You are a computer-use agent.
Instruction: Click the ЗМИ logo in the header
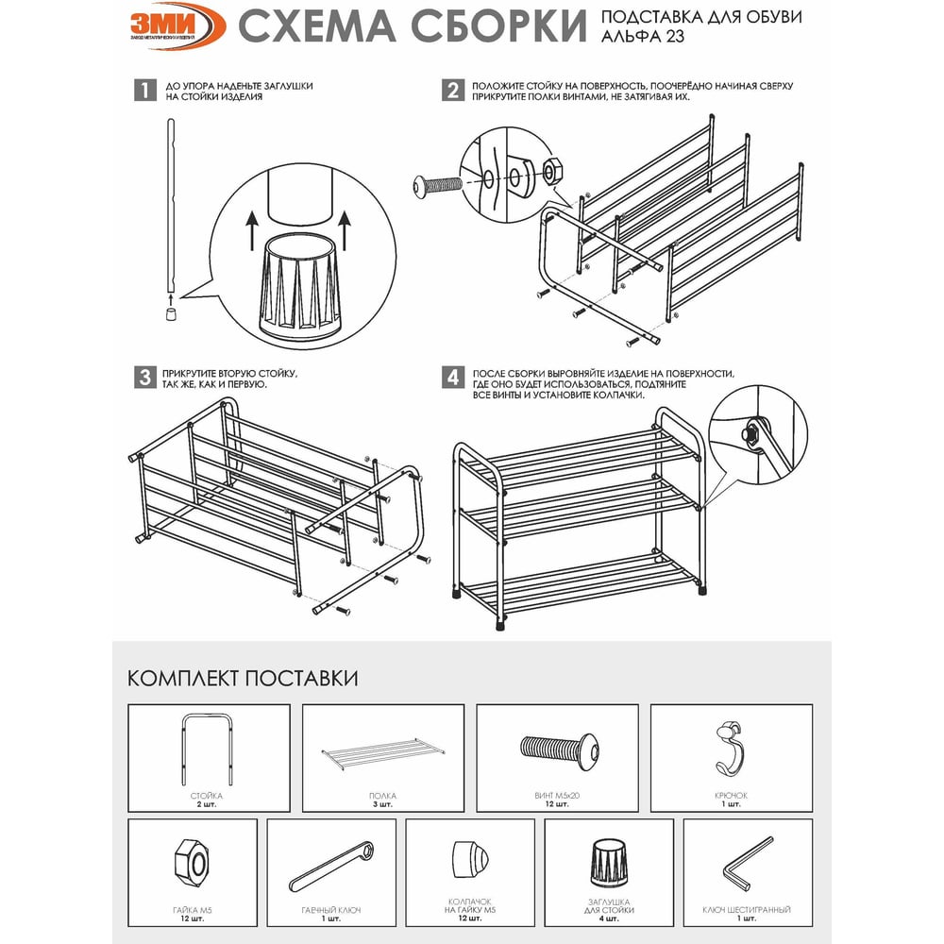coord(177,25)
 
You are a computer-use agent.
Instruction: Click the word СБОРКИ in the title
coord(499,26)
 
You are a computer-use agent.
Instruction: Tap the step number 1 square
coord(145,91)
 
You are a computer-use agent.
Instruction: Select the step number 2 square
coord(453,91)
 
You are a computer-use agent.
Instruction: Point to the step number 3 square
coord(145,378)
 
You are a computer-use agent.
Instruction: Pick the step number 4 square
coord(453,378)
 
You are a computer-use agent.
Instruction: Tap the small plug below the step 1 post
coord(171,313)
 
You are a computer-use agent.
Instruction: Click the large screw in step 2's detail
coord(437,184)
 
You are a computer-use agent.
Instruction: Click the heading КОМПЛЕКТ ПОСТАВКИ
coord(243,678)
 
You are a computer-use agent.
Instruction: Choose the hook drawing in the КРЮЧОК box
coord(731,747)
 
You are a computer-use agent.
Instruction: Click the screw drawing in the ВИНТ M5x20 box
coord(560,752)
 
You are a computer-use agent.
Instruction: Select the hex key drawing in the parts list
coord(747,862)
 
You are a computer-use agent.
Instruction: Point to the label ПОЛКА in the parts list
coord(383,795)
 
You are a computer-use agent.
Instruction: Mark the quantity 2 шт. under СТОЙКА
coord(206,804)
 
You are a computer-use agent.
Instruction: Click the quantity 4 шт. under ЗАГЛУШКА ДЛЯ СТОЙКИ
coord(609,919)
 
